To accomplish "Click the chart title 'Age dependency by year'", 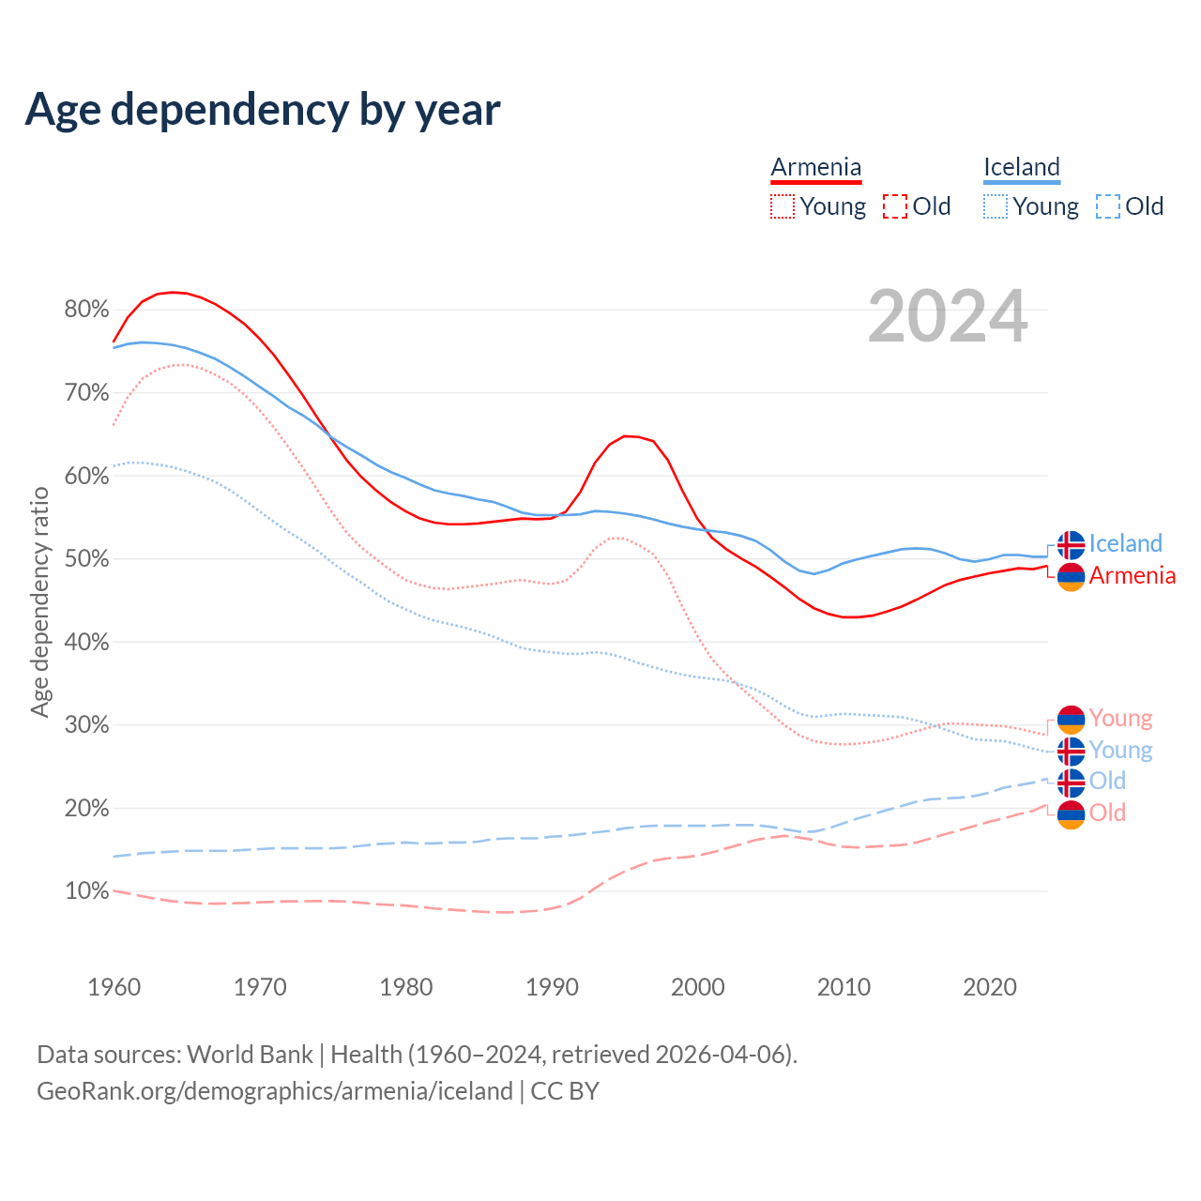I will click(263, 110).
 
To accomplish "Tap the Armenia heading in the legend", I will click(815, 167).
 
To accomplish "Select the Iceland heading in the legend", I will click(1021, 167).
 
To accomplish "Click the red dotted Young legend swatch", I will click(782, 206).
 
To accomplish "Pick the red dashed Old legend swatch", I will click(895, 206).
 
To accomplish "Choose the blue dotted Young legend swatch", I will click(996, 206).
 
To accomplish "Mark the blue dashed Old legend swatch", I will click(1108, 206).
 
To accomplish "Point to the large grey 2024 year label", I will click(948, 316).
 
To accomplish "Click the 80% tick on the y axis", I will click(86, 310).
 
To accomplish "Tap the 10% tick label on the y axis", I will click(86, 891).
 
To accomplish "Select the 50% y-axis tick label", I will click(86, 559).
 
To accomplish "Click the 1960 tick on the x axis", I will click(114, 987).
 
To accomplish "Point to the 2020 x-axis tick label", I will click(990, 987).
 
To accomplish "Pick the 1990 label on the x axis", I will click(552, 987).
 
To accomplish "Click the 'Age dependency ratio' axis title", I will click(39, 601).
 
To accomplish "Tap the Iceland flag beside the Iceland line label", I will click(1071, 545).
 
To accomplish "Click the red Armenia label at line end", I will click(1132, 575).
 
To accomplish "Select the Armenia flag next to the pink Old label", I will click(1071, 814).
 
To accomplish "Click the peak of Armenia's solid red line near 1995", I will click(626, 435).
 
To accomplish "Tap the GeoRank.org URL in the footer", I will click(274, 1091).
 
